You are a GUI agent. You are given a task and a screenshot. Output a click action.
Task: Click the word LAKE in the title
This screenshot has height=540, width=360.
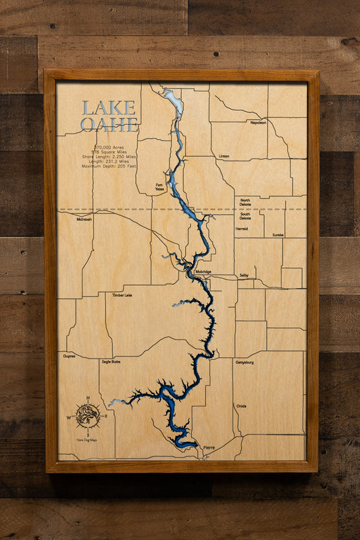pyautogui.click(x=109, y=108)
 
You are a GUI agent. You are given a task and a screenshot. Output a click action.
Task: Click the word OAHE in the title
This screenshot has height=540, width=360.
pyautogui.click(x=109, y=124)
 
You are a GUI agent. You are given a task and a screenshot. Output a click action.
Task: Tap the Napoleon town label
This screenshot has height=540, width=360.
pyautogui.click(x=258, y=123)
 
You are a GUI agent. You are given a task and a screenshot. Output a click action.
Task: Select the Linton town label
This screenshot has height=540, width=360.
pyautogui.click(x=224, y=156)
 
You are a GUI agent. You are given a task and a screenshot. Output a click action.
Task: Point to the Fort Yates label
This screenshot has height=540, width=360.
pyautogui.click(x=159, y=186)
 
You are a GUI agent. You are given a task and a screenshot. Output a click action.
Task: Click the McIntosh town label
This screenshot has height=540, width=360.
pyautogui.click(x=84, y=219)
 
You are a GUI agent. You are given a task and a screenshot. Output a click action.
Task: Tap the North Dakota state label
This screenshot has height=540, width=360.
pyautogui.click(x=245, y=202)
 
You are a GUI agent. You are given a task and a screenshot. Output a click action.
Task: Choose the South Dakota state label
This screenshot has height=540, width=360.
pyautogui.click(x=245, y=215)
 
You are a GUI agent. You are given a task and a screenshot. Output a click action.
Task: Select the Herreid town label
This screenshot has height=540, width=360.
pyautogui.click(x=242, y=229)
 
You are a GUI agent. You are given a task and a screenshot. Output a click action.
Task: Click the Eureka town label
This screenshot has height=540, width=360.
pyautogui.click(x=278, y=235)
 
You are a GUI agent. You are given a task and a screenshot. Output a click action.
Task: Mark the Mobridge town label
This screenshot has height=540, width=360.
pyautogui.click(x=203, y=272)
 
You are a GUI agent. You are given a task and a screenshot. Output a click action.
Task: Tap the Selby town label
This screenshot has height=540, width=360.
pyautogui.click(x=244, y=275)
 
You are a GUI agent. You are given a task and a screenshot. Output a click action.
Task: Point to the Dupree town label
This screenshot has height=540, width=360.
pyautogui.click(x=69, y=355)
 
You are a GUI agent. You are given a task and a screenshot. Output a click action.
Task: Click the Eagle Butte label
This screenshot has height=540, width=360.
pyautogui.click(x=111, y=362)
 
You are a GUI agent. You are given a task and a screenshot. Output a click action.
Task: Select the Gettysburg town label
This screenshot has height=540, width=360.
pyautogui.click(x=244, y=362)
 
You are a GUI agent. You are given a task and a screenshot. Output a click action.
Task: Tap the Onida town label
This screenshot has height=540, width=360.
pyautogui.click(x=241, y=406)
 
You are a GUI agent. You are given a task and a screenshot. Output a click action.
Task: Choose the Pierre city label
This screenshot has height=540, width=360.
pyautogui.click(x=209, y=448)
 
